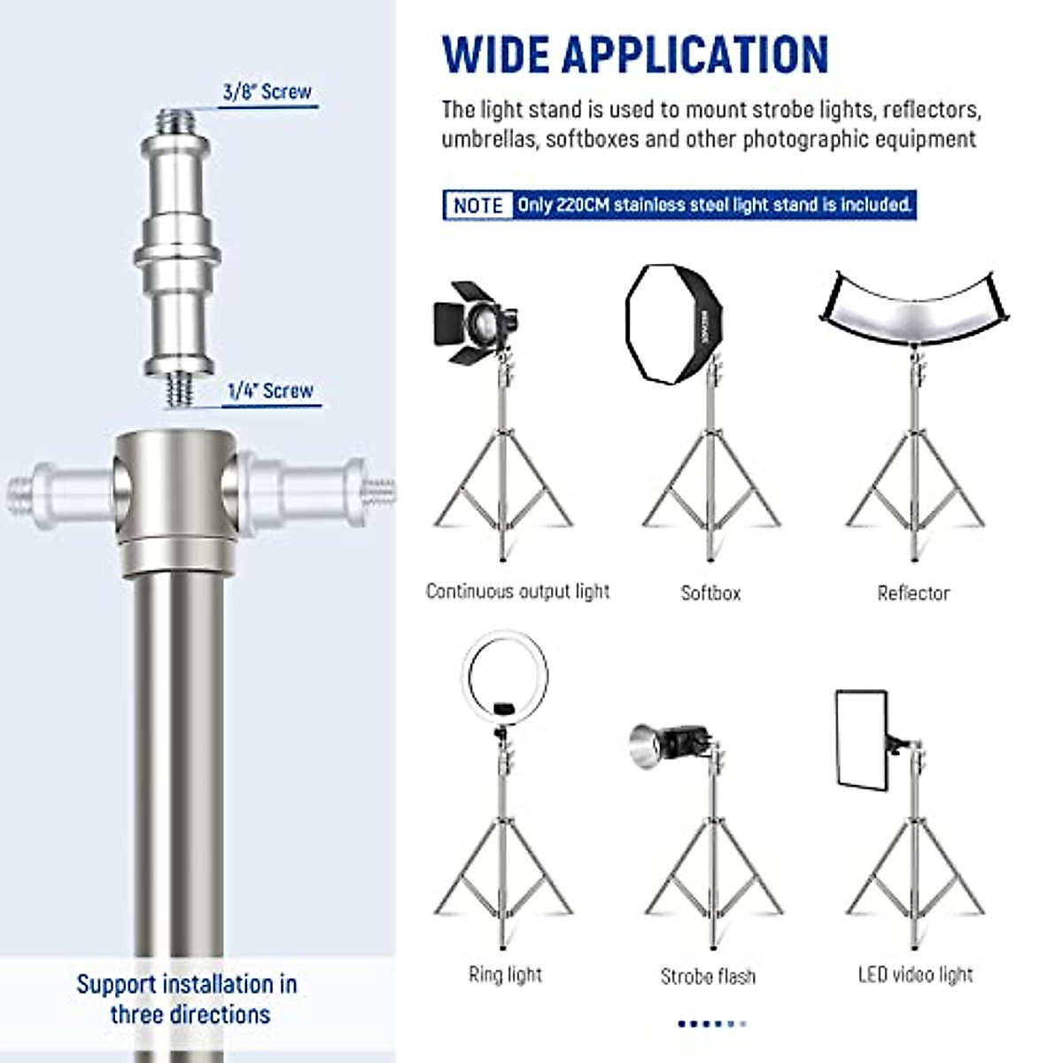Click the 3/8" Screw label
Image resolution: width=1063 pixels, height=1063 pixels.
[x=267, y=91]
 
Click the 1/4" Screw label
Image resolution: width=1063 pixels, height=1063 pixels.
[x=270, y=391]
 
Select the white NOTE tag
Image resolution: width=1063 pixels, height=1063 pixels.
[x=478, y=205]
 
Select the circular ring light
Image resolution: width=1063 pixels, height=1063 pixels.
[x=505, y=679]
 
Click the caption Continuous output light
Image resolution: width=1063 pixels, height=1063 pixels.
[x=517, y=591]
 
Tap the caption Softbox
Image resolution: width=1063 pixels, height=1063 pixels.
[x=710, y=593]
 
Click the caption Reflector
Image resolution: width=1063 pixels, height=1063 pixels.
[x=913, y=593]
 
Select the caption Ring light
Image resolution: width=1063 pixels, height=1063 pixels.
[x=505, y=974]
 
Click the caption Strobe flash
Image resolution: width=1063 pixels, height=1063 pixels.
[x=708, y=976]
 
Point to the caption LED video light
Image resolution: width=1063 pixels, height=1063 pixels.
[x=915, y=974]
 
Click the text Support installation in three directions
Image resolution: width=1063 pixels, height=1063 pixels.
[x=188, y=998]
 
